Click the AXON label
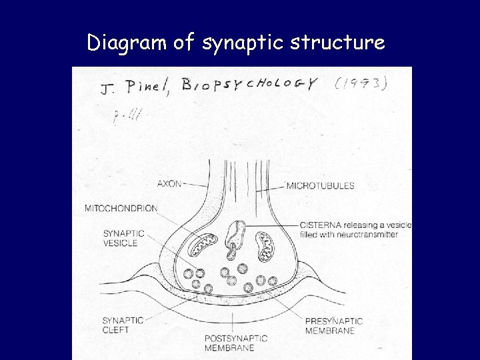click(169, 183)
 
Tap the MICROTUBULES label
click(320, 185)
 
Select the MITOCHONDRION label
click(121, 209)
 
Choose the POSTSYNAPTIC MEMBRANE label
click(235, 342)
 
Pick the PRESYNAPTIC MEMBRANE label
click(333, 325)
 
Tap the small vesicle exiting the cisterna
click(233, 253)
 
